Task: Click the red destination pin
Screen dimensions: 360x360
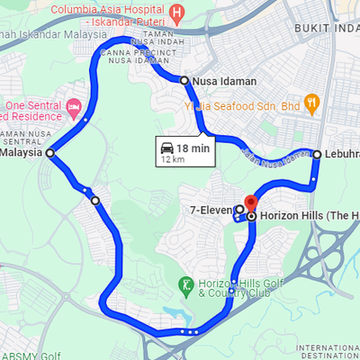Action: [x=250, y=203]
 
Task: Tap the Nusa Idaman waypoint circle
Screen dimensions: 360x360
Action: [x=184, y=81]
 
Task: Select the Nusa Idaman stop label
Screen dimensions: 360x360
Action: [x=224, y=81]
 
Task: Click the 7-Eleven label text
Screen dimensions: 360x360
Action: [x=211, y=210]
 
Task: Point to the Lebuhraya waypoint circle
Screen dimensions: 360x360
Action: [x=317, y=154]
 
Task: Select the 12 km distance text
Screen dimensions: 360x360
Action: [x=172, y=159]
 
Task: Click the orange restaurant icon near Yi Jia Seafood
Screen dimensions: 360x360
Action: [x=312, y=103]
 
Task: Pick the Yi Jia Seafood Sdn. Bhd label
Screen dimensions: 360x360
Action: [x=243, y=105]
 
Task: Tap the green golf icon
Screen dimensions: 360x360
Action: [x=185, y=285]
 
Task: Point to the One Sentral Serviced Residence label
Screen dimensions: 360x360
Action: [x=34, y=111]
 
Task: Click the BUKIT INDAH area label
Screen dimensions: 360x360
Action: [x=326, y=29]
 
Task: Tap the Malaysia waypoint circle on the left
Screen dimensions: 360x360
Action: [x=50, y=153]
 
